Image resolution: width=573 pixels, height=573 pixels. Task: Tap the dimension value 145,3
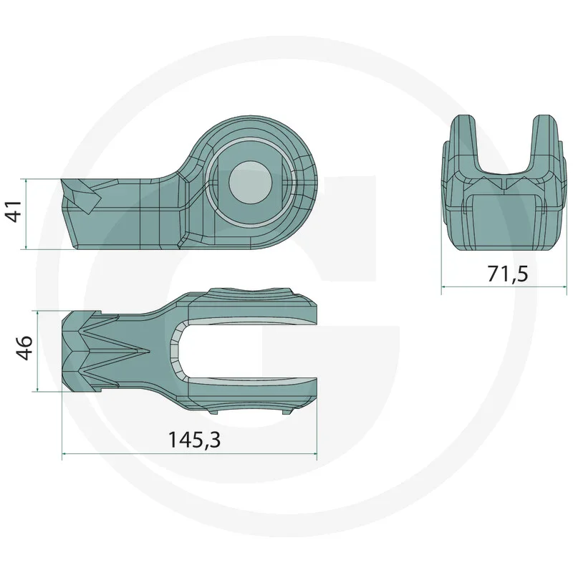[193, 439]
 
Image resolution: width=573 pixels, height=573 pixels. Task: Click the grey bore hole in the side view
[250, 183]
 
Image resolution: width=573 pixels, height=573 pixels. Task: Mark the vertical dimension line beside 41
[27, 214]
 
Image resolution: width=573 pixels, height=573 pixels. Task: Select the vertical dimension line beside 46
[37, 351]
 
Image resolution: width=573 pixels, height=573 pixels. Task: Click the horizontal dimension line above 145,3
[190, 453]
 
